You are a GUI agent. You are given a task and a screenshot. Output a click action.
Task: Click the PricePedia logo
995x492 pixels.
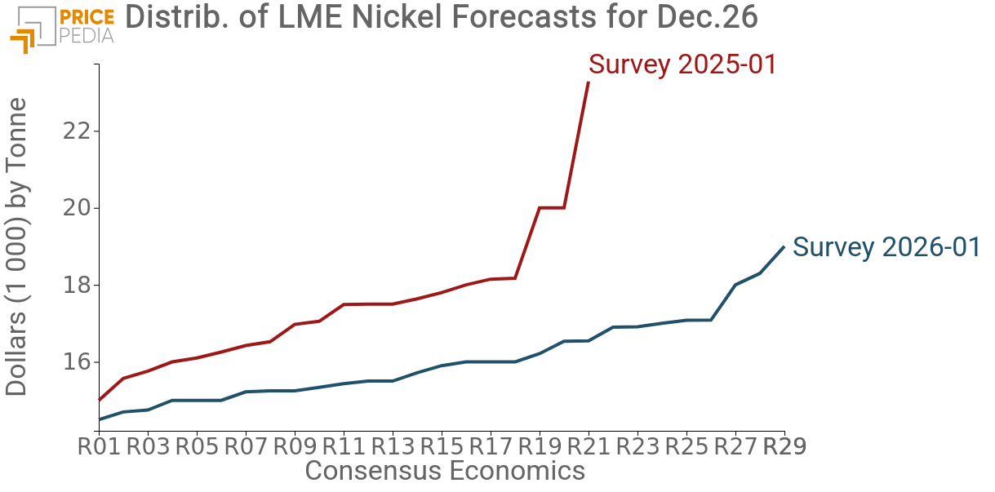tap(62, 26)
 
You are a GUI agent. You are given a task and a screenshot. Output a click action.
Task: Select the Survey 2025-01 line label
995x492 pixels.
tap(682, 64)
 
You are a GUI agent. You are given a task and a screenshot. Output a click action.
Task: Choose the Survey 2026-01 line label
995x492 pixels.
tap(886, 247)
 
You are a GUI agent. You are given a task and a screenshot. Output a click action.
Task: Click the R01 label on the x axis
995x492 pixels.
tap(99, 447)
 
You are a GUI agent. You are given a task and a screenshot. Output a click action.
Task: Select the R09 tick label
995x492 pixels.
tap(295, 447)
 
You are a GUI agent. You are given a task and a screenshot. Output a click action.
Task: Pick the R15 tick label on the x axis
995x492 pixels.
tap(442, 447)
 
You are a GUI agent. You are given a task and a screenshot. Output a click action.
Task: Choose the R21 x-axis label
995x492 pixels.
tap(589, 447)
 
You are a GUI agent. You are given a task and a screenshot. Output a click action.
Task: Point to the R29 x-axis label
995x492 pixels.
tap(784, 447)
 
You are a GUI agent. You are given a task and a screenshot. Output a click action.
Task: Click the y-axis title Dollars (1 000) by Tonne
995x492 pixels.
tap(17, 246)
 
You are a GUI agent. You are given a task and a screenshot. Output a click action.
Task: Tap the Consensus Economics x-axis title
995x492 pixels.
tap(444, 471)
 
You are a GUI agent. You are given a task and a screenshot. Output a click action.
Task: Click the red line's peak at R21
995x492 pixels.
tap(589, 82)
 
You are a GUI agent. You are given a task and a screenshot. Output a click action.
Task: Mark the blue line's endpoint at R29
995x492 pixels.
tap(784, 246)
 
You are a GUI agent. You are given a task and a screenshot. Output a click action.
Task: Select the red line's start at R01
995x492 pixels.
tap(99, 400)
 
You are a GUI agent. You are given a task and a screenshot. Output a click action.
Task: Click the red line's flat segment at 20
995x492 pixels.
tap(552, 208)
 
